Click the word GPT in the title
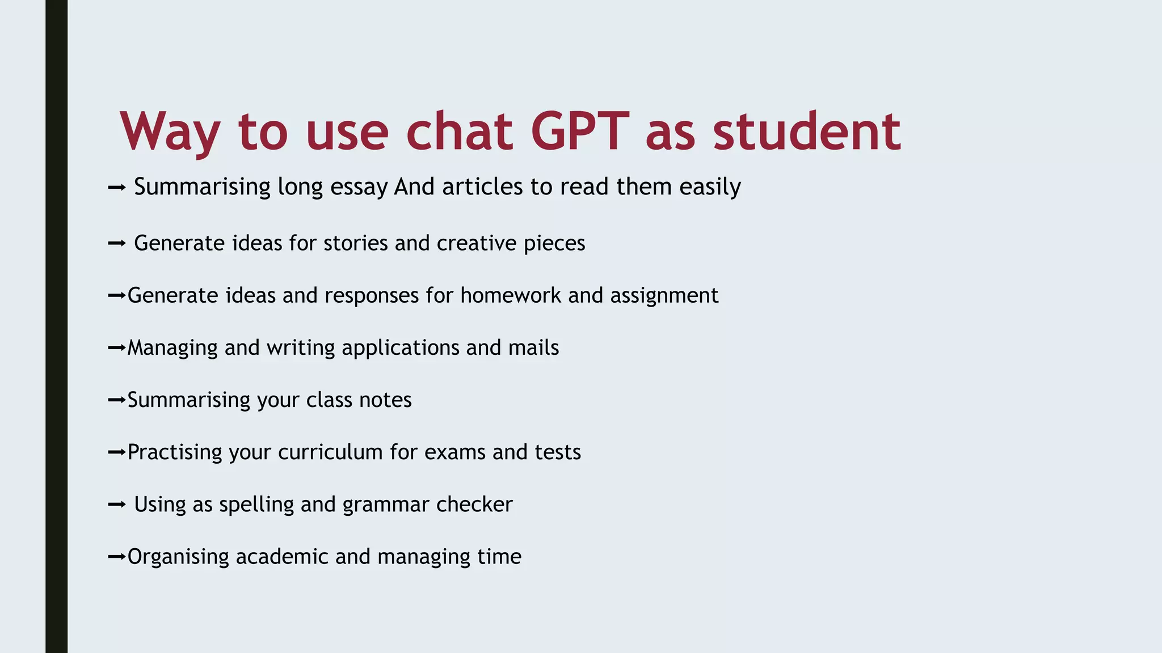pyautogui.click(x=580, y=132)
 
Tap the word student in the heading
pyautogui.click(x=807, y=132)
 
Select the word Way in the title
pyautogui.click(x=170, y=132)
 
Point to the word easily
pyautogui.click(x=710, y=187)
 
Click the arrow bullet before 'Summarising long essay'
pyautogui.click(x=116, y=187)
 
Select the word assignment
pyautogui.click(x=664, y=295)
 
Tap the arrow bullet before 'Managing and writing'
pyautogui.click(x=116, y=347)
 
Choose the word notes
pyautogui.click(x=385, y=400)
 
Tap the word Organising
pyautogui.click(x=178, y=557)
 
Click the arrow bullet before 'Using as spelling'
pyautogui.click(x=116, y=504)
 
